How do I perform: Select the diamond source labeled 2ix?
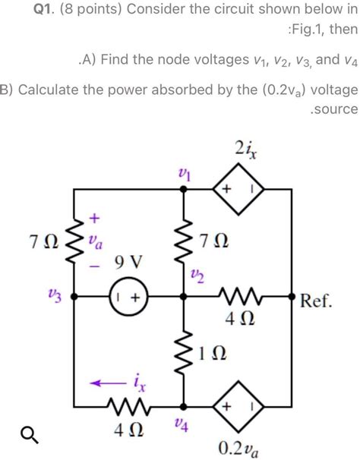pyautogui.click(x=237, y=189)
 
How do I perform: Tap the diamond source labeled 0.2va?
pyautogui.click(x=237, y=408)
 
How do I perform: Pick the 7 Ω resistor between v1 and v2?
pyautogui.click(x=183, y=244)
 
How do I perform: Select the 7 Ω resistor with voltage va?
pyautogui.click(x=74, y=243)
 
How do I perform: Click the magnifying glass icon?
pyautogui.click(x=27, y=433)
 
